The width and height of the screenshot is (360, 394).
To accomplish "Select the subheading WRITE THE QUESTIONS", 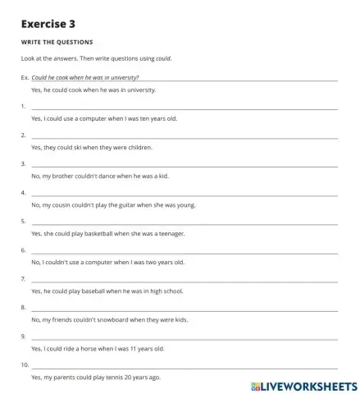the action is (x=57, y=42).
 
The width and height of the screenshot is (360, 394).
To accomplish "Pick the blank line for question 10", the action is (x=184, y=365).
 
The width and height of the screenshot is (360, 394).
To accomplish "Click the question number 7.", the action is (x=23, y=279).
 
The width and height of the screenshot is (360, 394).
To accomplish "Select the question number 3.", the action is (x=23, y=164).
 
